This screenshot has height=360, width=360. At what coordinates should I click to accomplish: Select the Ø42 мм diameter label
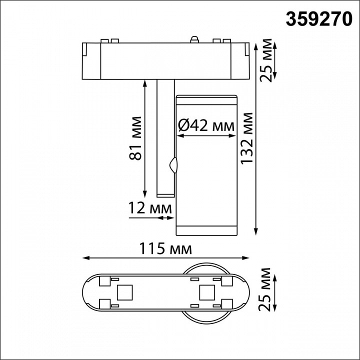pyautogui.click(x=206, y=126)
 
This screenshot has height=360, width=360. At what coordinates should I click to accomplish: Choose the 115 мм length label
pyautogui.click(x=166, y=248)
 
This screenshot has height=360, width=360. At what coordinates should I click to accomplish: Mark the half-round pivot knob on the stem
pyautogui.click(x=173, y=164)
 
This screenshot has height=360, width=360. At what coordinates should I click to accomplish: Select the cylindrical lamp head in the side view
pyautogui.click(x=205, y=165)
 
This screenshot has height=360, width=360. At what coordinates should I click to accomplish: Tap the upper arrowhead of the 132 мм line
pyautogui.click(x=256, y=46)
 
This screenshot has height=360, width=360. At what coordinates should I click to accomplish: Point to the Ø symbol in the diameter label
pyautogui.click(x=183, y=126)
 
